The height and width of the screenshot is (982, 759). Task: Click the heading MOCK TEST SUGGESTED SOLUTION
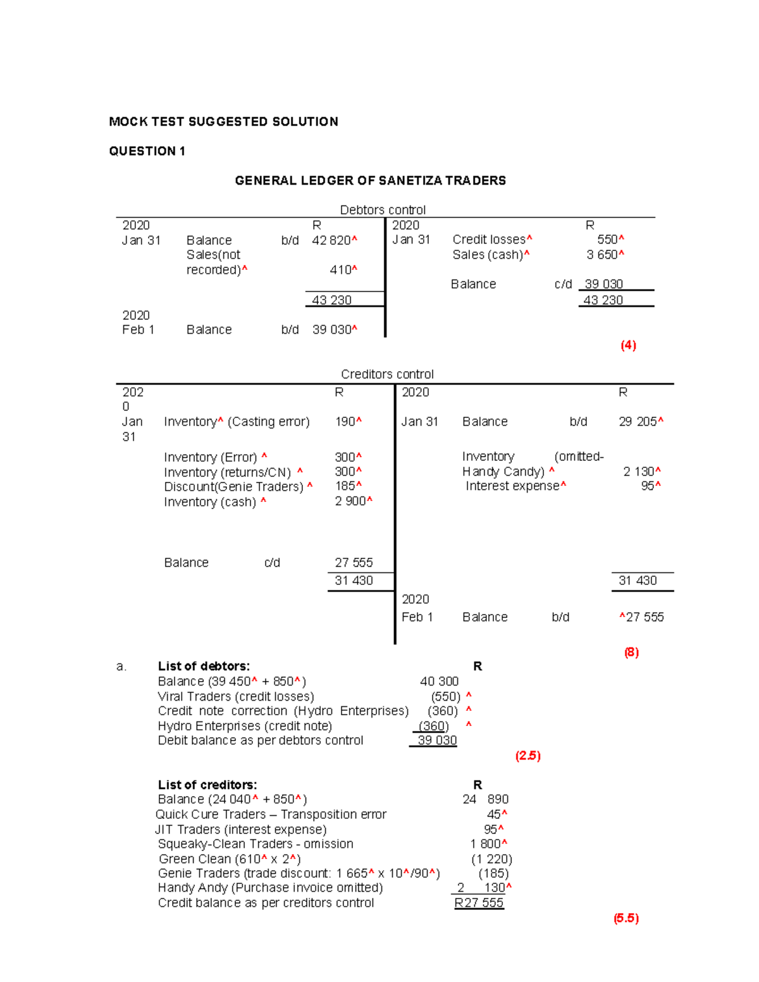[x=223, y=121]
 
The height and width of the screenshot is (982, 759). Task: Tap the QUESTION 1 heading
[x=147, y=151]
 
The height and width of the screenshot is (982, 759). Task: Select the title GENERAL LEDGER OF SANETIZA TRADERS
[x=370, y=181]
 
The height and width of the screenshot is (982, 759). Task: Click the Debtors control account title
[x=383, y=210]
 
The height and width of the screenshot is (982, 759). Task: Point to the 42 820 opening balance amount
[x=331, y=240]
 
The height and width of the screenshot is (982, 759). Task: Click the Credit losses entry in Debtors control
[x=489, y=240]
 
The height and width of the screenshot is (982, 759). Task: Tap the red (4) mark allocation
[x=628, y=346]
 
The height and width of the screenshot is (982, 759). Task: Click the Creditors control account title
[x=387, y=374]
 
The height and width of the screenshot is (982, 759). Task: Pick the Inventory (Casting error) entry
[x=237, y=422]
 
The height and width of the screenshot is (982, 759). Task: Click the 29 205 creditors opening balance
[x=638, y=422]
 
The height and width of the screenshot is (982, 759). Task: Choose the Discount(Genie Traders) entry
[x=234, y=487]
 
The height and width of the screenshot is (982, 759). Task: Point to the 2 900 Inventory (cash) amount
[x=350, y=501]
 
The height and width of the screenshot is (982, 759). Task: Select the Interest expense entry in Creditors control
[x=513, y=486]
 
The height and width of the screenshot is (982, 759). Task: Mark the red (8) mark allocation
[x=631, y=653]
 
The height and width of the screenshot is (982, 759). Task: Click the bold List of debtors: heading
[x=204, y=666]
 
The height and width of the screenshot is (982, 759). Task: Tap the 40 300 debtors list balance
[x=439, y=681]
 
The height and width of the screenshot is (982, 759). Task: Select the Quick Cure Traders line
[x=271, y=814]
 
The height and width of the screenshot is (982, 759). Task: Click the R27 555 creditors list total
[x=479, y=902]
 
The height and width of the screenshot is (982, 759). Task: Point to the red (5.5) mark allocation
[x=626, y=918]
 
